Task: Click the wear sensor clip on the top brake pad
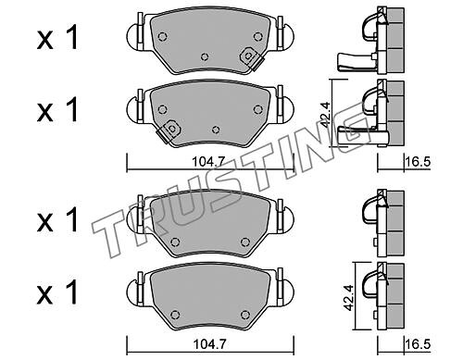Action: click(x=250, y=57)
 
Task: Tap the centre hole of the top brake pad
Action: click(x=205, y=56)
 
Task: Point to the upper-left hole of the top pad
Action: click(x=162, y=37)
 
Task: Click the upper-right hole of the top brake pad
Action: click(x=257, y=37)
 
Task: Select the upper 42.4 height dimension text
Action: click(x=325, y=115)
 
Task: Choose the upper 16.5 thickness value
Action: click(x=419, y=162)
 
